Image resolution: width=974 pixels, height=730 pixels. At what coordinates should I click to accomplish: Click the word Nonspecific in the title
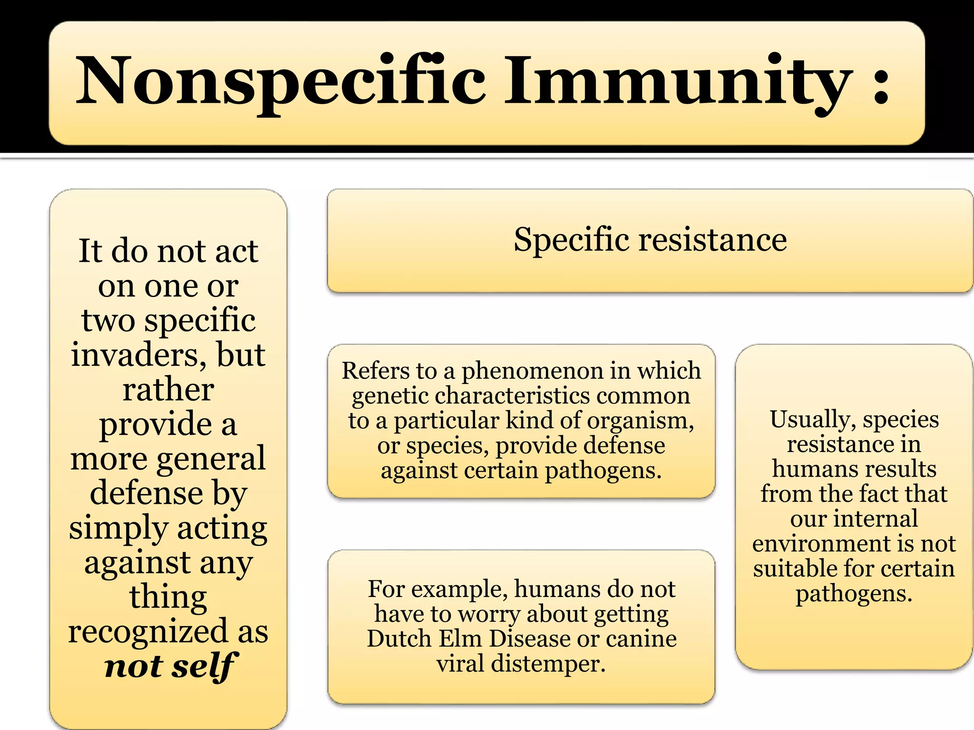[x=281, y=81]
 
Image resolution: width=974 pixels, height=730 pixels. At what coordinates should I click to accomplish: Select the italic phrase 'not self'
[x=169, y=666]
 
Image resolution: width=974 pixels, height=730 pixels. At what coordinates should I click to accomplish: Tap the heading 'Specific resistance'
[x=650, y=240]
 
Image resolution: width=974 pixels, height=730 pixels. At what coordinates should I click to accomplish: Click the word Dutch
[x=399, y=639]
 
